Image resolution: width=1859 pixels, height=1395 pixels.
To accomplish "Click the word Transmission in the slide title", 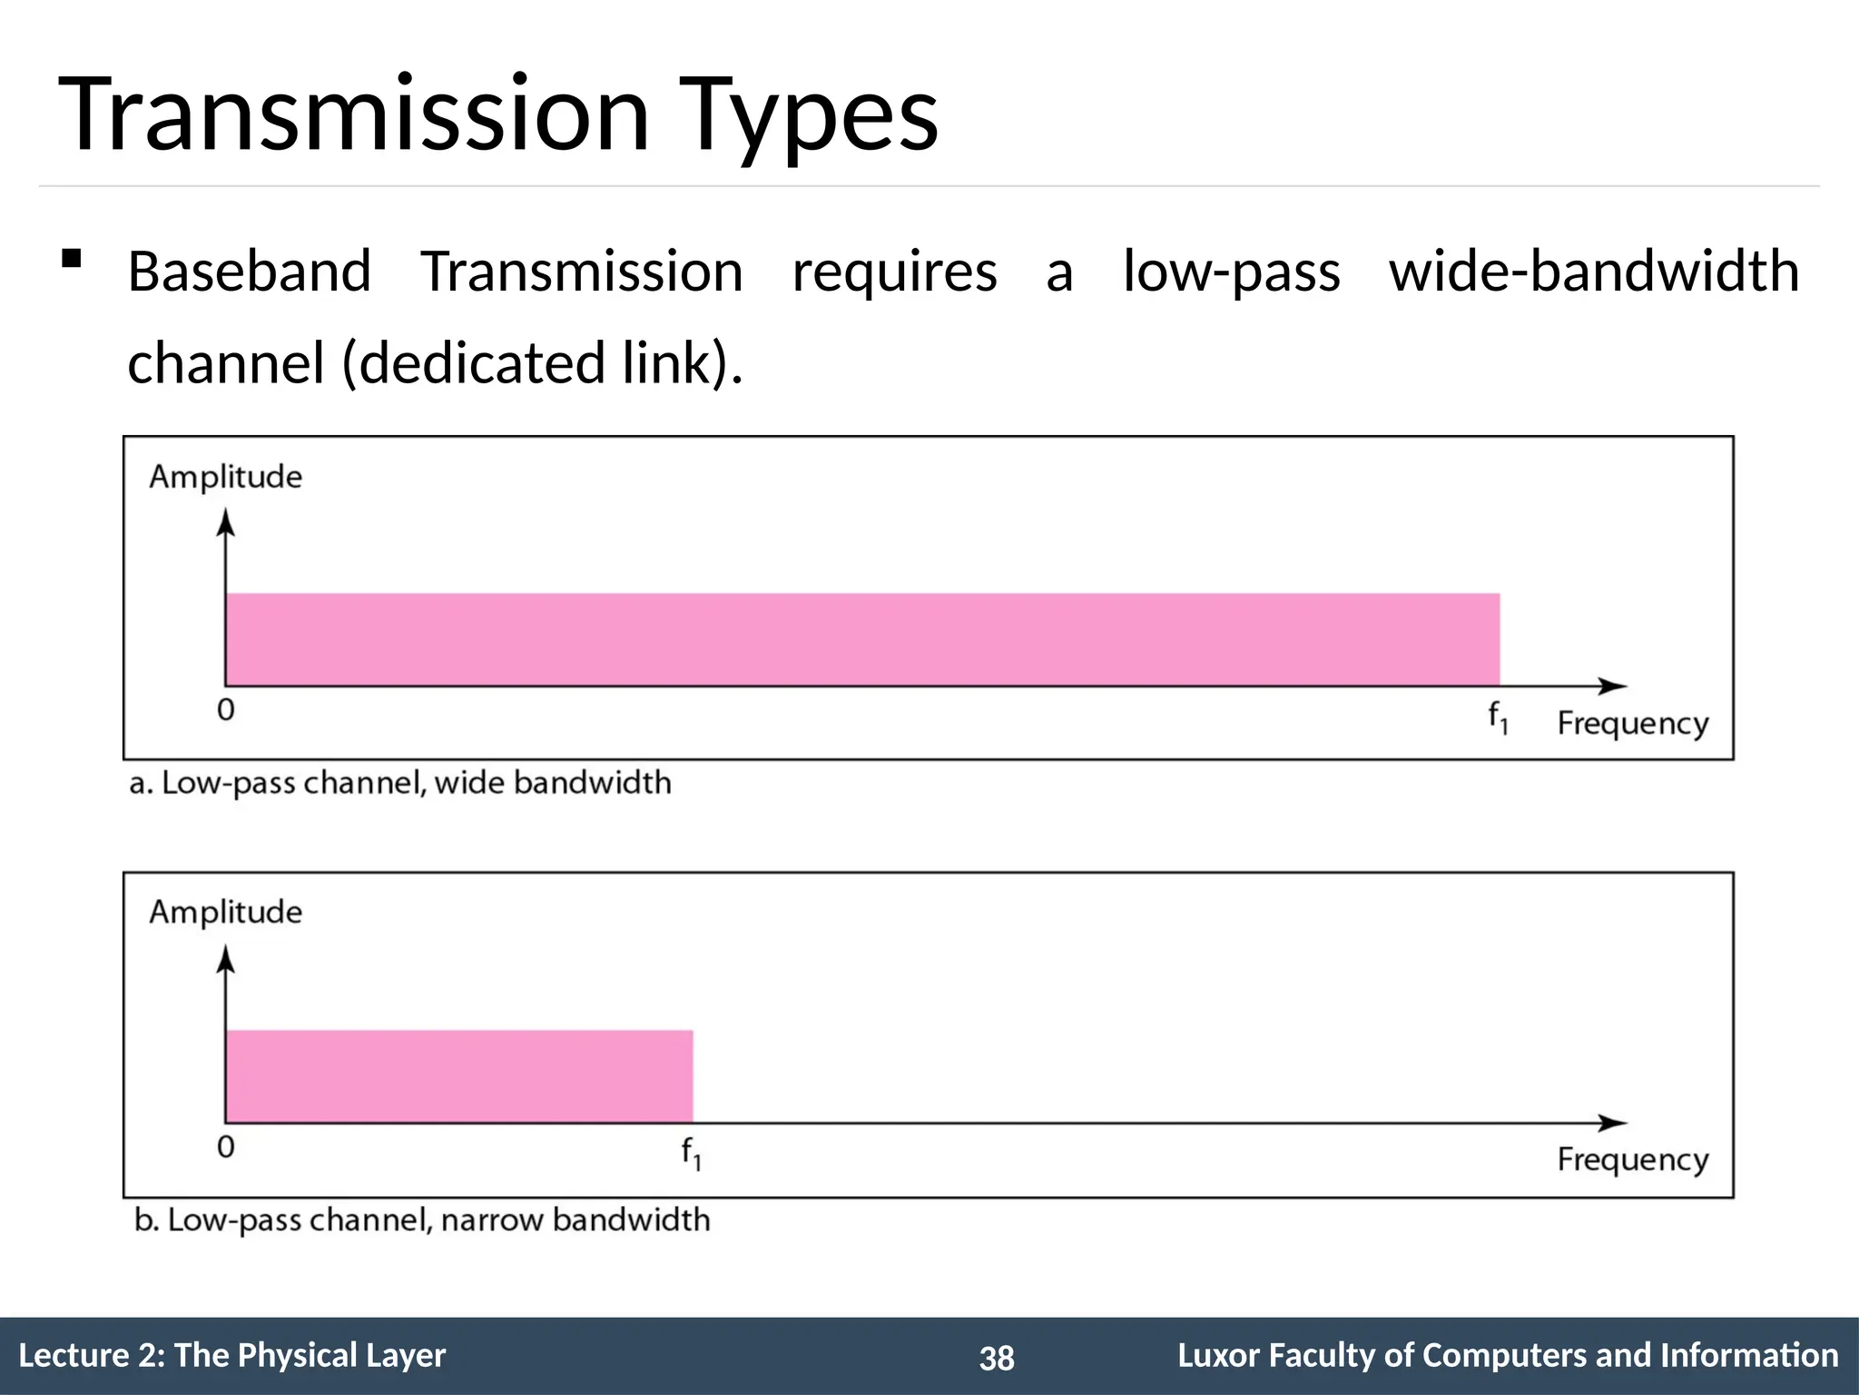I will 354,115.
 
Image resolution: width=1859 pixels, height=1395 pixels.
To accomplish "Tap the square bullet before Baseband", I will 71,260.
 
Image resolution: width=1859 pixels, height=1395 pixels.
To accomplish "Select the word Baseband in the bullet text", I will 250,272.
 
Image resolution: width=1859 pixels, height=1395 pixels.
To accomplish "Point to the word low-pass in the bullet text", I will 1231,272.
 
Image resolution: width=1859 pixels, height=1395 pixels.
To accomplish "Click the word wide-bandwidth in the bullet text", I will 1594,272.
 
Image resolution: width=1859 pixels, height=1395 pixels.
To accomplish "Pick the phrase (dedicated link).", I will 543,362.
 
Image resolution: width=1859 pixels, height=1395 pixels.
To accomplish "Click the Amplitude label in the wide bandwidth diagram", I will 225,477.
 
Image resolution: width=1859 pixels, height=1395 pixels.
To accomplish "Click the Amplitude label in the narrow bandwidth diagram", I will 225,912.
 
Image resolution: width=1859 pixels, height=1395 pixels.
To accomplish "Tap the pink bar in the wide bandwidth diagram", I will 862,639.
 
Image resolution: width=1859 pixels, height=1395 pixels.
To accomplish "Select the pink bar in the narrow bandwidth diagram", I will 459,1076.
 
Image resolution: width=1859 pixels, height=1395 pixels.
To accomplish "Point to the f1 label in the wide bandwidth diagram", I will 1498,718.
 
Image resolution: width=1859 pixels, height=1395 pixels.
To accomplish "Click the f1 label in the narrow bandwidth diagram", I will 691,1153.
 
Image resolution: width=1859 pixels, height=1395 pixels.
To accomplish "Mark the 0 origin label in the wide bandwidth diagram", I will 226,710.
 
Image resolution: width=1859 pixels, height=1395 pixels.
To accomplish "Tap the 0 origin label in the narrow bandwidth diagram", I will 226,1147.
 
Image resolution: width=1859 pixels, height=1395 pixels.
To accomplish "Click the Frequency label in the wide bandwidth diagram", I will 1632,724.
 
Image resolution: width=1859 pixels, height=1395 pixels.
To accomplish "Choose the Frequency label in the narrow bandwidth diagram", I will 1632,1160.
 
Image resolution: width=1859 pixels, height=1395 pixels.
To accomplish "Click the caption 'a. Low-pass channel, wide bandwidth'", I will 400,783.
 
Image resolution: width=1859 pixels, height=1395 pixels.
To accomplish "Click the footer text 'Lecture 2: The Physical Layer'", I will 232,1355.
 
